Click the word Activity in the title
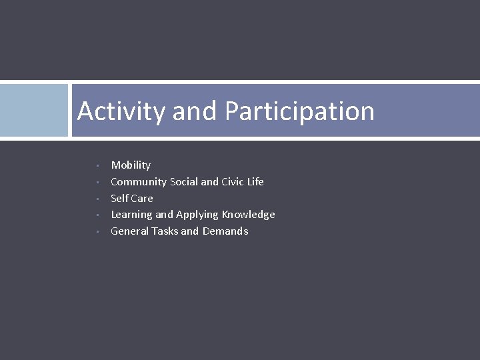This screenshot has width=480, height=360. tap(121, 111)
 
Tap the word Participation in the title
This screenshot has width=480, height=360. tap(299, 111)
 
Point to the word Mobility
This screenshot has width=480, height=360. tap(131, 165)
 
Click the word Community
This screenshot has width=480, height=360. tap(139, 182)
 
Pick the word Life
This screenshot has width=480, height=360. tap(256, 181)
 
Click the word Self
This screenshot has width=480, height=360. tap(119, 198)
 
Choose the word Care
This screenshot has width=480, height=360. tap(142, 198)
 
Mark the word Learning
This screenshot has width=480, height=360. tap(131, 215)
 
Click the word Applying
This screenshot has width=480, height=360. tap(197, 215)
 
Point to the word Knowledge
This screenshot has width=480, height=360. tap(249, 214)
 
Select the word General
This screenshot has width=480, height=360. tap(129, 231)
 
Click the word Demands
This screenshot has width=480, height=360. tap(225, 231)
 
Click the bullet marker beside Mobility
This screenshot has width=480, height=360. tap(97, 165)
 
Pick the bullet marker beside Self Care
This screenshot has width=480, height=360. tap(97, 199)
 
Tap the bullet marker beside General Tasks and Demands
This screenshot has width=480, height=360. tap(97, 231)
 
